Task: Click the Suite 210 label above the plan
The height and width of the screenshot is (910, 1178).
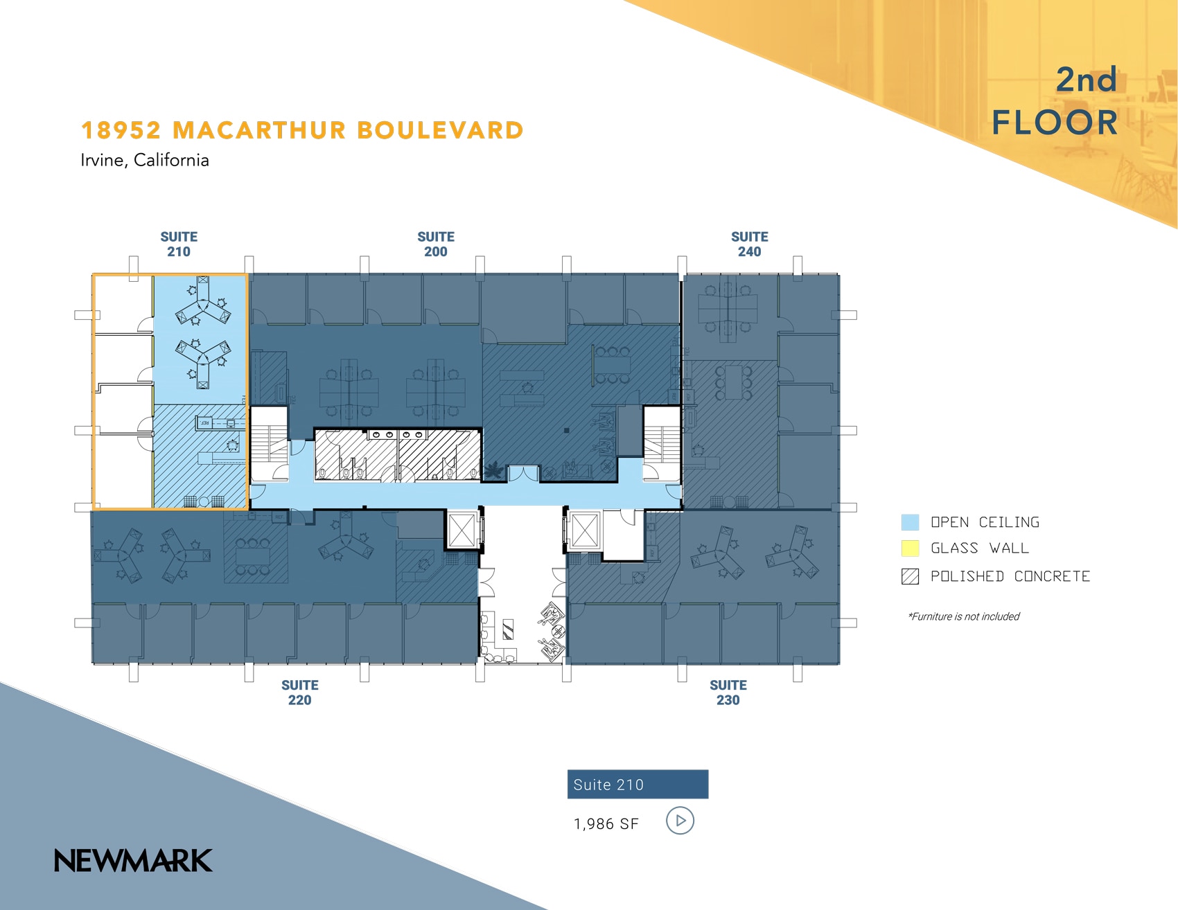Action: [x=179, y=244]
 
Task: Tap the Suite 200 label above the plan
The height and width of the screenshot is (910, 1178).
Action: [x=436, y=244]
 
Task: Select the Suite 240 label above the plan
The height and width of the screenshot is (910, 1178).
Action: [x=749, y=244]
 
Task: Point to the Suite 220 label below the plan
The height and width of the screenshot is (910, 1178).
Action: [x=300, y=693]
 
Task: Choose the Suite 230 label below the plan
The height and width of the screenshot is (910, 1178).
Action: [x=728, y=693]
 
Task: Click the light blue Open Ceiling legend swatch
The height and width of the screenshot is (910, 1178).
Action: [x=910, y=522]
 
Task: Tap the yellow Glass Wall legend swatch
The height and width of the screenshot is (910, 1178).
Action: [x=910, y=548]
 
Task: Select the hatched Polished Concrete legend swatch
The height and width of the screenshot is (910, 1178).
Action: [x=910, y=576]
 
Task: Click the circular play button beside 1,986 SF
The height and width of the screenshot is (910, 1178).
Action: [x=680, y=821]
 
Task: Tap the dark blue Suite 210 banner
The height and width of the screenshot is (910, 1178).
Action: [x=638, y=785]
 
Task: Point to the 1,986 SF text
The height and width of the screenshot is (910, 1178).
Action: [x=606, y=824]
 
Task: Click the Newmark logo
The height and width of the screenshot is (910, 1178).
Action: [x=133, y=861]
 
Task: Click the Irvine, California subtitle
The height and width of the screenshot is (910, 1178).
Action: [x=145, y=160]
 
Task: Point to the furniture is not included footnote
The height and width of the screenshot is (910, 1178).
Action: [x=964, y=616]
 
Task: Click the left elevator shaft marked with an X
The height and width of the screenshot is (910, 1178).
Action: [x=461, y=531]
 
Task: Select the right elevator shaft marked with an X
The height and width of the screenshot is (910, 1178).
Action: [x=583, y=531]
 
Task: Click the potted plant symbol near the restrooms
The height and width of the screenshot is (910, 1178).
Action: [x=493, y=471]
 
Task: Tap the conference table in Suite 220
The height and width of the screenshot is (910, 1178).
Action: [x=253, y=556]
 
